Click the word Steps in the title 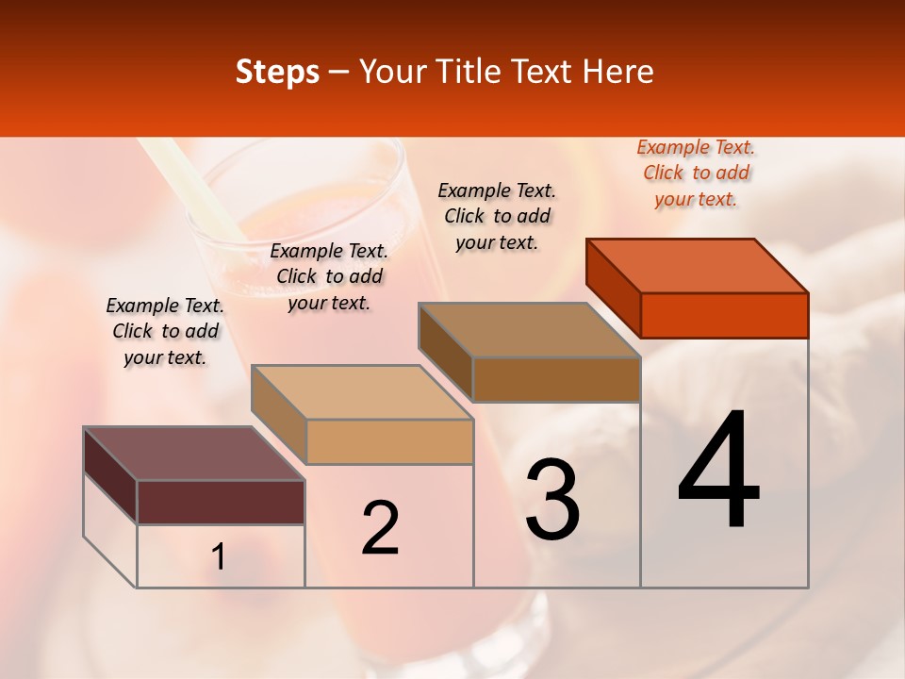[277, 72]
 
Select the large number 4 [718, 472]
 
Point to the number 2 [380, 528]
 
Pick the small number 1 [219, 557]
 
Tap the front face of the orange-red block [724, 315]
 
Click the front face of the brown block [556, 379]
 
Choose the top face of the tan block [362, 392]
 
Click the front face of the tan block [389, 441]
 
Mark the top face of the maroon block [194, 454]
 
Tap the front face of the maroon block [221, 502]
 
